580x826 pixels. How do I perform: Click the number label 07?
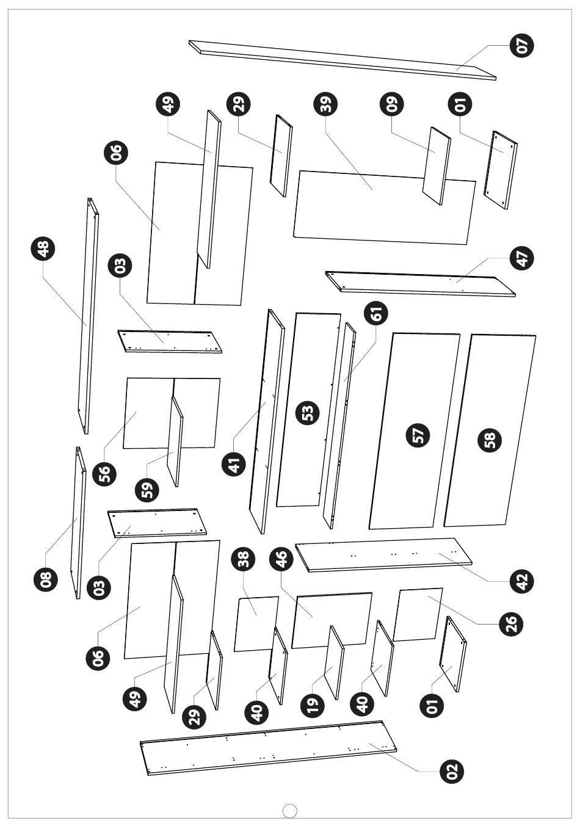[x=522, y=45]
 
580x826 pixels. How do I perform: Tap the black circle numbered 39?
[x=325, y=103]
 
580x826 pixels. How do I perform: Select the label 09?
[x=392, y=103]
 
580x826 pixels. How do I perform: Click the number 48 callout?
[x=43, y=249]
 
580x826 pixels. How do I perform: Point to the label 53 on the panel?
[x=308, y=412]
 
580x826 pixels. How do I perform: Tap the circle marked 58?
[x=490, y=440]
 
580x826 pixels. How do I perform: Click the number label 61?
[x=375, y=314]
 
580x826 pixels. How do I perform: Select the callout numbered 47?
[x=522, y=258]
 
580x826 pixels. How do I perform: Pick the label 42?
[x=522, y=581]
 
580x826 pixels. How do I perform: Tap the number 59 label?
[x=147, y=490]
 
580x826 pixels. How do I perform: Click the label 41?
[x=234, y=463]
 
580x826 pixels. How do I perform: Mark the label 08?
[x=46, y=579]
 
